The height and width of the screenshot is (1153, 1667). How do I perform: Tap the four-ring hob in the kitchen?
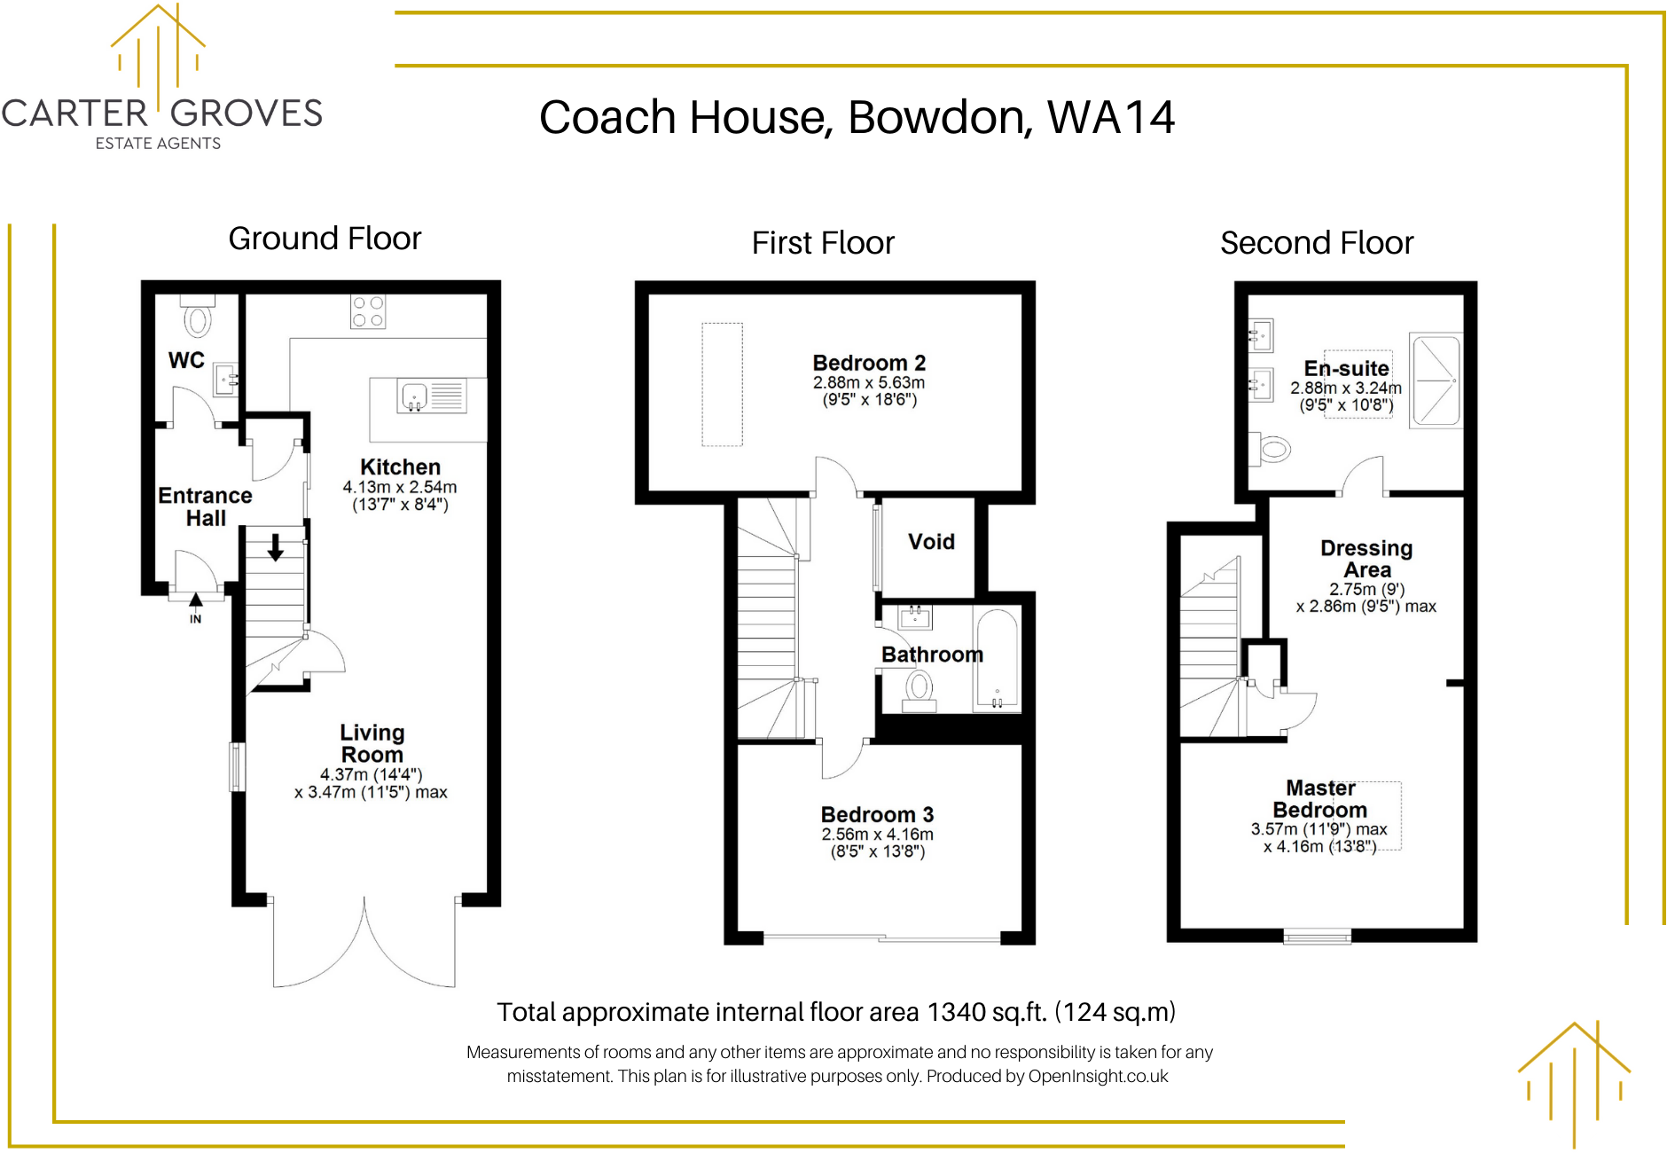pyautogui.click(x=368, y=311)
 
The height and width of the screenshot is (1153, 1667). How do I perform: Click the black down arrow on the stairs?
pyautogui.click(x=276, y=547)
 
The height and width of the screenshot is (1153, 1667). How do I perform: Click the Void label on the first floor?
pyautogui.click(x=931, y=542)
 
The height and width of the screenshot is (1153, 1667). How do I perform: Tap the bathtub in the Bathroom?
pyautogui.click(x=998, y=659)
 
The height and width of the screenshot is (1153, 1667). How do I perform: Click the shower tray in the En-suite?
pyautogui.click(x=1436, y=380)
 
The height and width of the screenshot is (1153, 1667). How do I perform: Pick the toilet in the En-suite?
pyautogui.click(x=1269, y=449)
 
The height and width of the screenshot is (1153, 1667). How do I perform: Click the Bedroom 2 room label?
pyautogui.click(x=869, y=363)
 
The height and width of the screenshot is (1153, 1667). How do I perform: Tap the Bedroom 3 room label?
pyautogui.click(x=877, y=814)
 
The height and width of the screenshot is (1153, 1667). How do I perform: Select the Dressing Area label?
pyautogui.click(x=1366, y=559)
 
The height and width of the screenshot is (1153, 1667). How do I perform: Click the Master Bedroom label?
pyautogui.click(x=1320, y=799)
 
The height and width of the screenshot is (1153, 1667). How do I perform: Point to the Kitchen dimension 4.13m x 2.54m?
pyautogui.click(x=400, y=487)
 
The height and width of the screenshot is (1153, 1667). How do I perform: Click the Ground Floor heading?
pyautogui.click(x=325, y=239)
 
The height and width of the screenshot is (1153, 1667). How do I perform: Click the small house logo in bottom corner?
pyautogui.click(x=1575, y=1084)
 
